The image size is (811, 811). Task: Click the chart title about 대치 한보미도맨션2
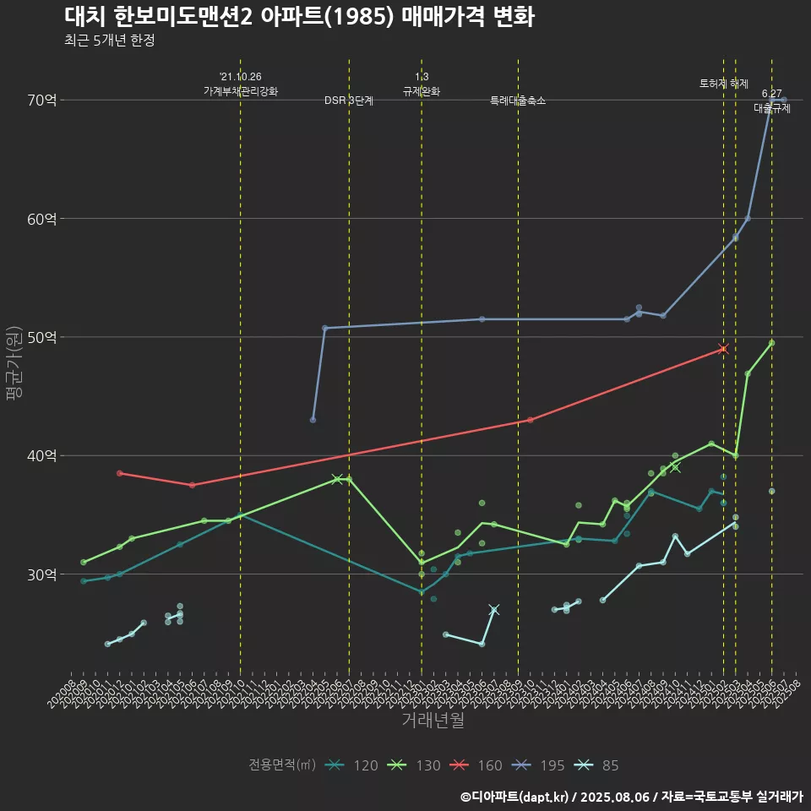coord(299,17)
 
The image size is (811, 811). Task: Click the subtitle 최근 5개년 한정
coord(109,41)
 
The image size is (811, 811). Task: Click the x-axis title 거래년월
coord(432,721)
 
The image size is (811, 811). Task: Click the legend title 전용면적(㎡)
coord(281,765)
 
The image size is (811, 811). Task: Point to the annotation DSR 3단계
coord(349,101)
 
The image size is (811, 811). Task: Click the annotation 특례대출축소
coord(518,101)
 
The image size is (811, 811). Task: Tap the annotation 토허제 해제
coord(724,84)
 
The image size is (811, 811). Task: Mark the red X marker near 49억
coord(723,349)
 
